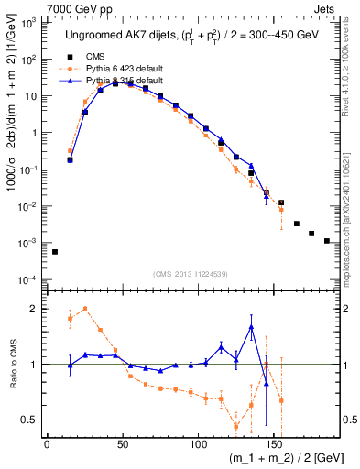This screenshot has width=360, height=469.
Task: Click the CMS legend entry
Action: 93,56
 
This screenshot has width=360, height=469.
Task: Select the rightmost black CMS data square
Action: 327,241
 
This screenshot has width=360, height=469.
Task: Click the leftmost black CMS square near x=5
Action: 55,252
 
